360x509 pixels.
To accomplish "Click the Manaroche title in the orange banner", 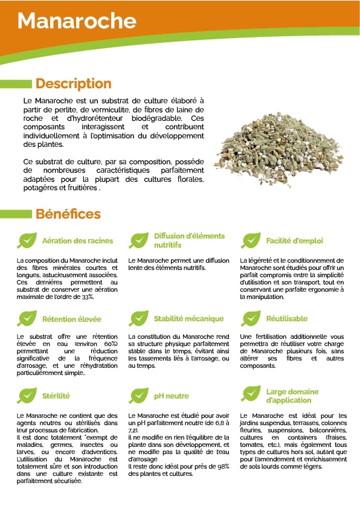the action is click(x=77, y=21).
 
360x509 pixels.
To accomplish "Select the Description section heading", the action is click(x=73, y=84).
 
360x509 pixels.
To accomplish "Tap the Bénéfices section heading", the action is click(x=68, y=214).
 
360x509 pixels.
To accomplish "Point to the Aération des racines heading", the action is click(x=77, y=241).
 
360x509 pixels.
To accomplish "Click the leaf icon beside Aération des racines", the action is click(x=27, y=240).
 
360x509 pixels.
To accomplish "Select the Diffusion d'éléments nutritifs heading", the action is click(x=189, y=240).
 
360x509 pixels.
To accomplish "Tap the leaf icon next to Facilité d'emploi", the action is click(x=251, y=240).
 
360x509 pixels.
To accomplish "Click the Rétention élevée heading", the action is click(x=71, y=319).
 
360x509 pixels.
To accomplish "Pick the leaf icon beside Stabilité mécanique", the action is click(x=139, y=318).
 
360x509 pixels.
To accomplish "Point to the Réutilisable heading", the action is click(x=287, y=319).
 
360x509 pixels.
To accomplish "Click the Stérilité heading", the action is click(x=56, y=396).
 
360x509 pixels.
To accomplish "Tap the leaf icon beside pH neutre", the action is click(x=139, y=395).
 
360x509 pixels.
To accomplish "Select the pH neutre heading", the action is click(x=172, y=396).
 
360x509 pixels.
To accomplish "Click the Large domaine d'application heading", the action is click(x=292, y=396).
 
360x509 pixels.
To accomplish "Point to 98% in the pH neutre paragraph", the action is click(x=223, y=466).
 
